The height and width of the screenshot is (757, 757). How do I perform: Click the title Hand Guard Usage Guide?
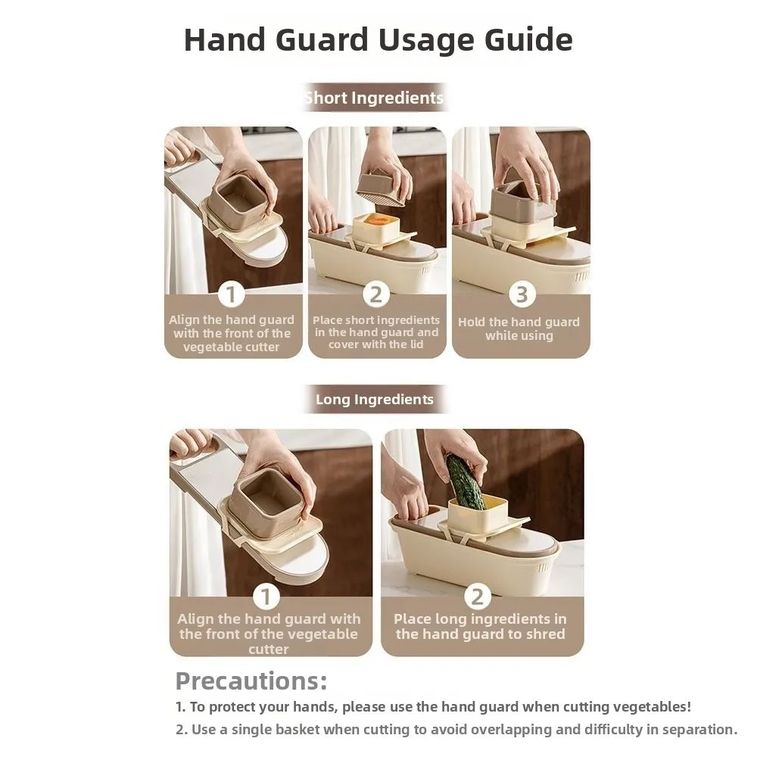(378, 39)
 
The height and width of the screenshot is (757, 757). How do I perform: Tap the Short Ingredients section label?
(374, 98)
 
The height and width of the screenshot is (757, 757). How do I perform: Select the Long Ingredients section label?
(374, 399)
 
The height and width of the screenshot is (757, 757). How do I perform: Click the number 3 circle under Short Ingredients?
(521, 294)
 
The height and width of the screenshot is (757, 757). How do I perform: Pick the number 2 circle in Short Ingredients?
(375, 294)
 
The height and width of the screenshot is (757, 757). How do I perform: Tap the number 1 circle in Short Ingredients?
(232, 294)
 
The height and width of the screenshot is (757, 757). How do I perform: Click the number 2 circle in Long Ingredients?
(477, 597)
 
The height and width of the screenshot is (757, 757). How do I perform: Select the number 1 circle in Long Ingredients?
(266, 597)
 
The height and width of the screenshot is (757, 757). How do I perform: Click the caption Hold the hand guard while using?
(519, 329)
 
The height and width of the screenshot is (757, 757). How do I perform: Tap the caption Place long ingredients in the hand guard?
(480, 627)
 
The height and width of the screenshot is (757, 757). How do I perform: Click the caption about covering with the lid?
(375, 332)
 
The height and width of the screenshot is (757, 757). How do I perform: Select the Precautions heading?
(251, 681)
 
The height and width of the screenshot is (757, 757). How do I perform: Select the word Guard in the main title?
(334, 39)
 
